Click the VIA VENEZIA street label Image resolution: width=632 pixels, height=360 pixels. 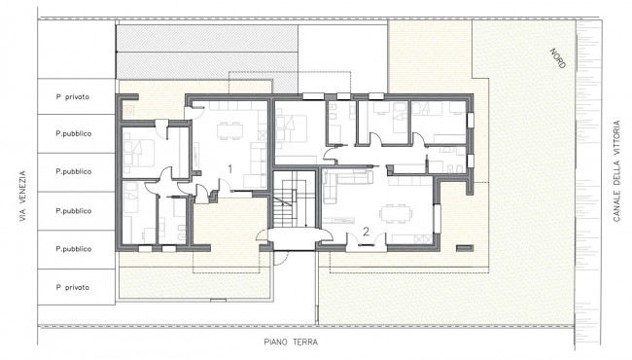[22, 196]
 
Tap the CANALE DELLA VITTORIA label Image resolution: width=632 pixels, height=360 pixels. [616, 171]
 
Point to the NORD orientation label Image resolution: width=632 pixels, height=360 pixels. [558, 58]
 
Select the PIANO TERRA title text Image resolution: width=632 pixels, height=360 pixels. [291, 342]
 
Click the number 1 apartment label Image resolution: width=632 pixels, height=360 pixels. [230, 168]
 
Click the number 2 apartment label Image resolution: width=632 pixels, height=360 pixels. [366, 232]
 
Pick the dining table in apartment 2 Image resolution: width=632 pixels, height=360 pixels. [396, 213]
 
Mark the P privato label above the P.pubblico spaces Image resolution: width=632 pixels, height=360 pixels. [73, 96]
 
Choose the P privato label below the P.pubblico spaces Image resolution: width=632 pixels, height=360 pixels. [73, 287]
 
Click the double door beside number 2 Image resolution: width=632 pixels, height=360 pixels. [367, 241]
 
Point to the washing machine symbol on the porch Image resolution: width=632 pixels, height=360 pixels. [129, 110]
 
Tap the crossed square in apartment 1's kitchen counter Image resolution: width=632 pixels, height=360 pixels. [263, 135]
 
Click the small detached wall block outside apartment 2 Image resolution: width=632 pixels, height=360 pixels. [465, 248]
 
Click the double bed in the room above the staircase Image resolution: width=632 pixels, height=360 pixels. [291, 128]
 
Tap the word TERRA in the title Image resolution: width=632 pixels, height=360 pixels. [304, 342]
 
